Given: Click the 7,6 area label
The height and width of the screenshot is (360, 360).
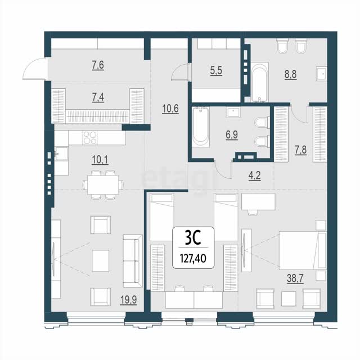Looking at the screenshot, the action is (x=98, y=65).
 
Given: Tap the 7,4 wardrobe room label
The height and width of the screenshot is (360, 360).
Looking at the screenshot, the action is (x=98, y=97).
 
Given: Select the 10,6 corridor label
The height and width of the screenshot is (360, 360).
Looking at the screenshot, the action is (x=170, y=109).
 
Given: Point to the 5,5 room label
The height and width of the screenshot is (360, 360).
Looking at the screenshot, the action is (x=216, y=70).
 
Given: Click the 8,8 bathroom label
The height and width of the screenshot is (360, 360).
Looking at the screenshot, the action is (x=291, y=74).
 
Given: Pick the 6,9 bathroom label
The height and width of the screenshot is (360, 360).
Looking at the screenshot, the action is (x=232, y=135).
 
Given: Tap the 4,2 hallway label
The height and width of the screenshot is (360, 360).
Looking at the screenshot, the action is (x=255, y=176).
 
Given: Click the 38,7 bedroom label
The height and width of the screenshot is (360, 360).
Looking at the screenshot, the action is (x=295, y=279).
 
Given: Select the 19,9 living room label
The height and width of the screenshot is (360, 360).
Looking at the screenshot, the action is (x=129, y=300).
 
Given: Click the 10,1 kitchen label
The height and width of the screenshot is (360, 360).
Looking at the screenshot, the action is (x=100, y=160).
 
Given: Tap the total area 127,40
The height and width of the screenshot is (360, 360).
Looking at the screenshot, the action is (x=193, y=259).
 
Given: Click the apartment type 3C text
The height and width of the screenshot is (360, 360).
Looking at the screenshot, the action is (x=193, y=238).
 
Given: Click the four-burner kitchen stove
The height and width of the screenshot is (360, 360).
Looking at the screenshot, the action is (x=90, y=138).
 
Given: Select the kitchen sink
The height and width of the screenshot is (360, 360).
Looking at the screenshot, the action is (x=61, y=154).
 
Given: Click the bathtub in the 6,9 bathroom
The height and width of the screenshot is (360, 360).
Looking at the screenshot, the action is (x=201, y=127).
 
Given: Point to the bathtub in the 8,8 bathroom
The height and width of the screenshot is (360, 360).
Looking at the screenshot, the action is (x=260, y=82).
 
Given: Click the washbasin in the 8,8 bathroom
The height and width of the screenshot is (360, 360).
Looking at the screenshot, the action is (x=322, y=74).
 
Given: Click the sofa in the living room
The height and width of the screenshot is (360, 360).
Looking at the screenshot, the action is (x=133, y=261).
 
